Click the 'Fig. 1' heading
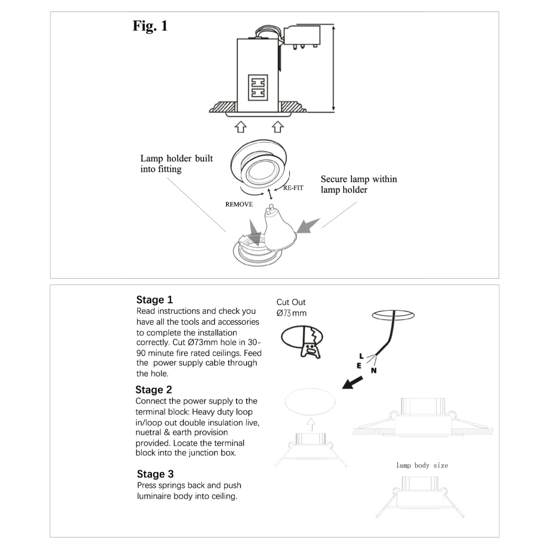(150, 26)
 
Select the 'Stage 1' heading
(155, 300)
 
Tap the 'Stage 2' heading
(154, 390)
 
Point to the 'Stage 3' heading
(155, 474)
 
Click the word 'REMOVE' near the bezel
(239, 205)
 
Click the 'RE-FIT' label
(293, 188)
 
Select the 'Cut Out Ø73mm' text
(291, 308)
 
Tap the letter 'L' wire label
(361, 356)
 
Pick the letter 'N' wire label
(373, 371)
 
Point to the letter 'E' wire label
(359, 366)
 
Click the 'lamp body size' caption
(422, 465)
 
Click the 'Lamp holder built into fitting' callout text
(177, 164)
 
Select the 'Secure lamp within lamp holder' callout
(359, 184)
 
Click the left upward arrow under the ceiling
(241, 126)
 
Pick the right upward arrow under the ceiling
(278, 126)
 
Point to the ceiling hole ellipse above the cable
(393, 316)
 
